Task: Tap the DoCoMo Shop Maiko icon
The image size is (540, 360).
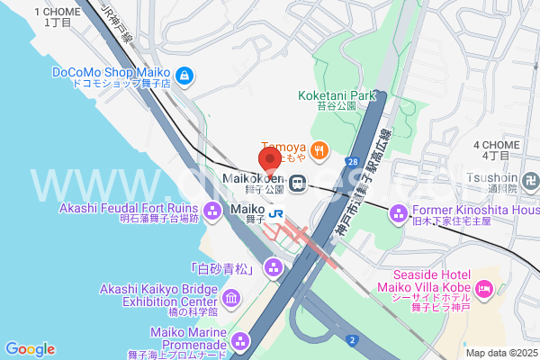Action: (184, 74)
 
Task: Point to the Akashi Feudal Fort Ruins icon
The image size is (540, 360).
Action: (212, 212)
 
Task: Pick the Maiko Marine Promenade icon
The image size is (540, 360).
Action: (240, 341)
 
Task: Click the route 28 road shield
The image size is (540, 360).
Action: (350, 161)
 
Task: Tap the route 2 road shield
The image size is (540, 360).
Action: (353, 339)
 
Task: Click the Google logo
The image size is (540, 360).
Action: (30, 349)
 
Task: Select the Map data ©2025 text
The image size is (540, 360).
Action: (500, 353)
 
